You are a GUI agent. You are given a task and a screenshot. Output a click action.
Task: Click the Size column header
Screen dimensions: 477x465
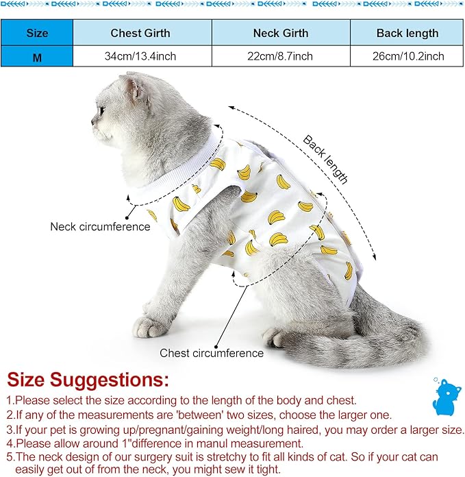tap(36, 33)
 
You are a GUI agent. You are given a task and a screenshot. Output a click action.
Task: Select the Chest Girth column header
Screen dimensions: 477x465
tap(141, 33)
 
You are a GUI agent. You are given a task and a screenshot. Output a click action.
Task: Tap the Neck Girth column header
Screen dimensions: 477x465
tap(281, 33)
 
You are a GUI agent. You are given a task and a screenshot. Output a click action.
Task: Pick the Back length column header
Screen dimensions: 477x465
tap(407, 33)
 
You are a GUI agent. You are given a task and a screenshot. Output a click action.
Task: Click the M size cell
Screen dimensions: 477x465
tap(36, 56)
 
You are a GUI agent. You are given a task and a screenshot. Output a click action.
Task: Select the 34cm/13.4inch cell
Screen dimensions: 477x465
tap(141, 56)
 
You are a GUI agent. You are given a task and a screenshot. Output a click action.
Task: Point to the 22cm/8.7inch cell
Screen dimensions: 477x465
tap(281, 56)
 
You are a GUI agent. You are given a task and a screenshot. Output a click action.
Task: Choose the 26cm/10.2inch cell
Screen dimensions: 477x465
tap(407, 56)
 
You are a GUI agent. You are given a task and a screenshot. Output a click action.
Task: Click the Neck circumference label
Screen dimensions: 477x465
tap(100, 227)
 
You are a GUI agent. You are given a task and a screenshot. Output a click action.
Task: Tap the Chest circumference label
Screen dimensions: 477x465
tap(212, 354)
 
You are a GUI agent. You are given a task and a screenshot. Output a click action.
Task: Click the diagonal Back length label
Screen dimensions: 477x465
tap(326, 159)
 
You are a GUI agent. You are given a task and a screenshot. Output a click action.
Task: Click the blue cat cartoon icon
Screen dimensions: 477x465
tap(446, 396)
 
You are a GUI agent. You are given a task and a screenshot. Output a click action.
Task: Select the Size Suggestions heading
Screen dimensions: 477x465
tap(87, 379)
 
